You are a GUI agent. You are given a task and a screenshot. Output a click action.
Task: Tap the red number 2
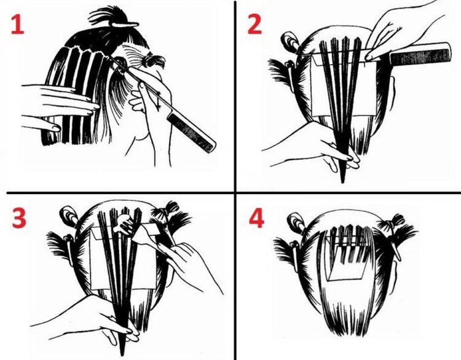coord(254,23)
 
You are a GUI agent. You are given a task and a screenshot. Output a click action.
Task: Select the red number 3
coord(19,218)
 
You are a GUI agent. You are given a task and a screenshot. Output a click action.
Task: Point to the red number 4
coord(256,218)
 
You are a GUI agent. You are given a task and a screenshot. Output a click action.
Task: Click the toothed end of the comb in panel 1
coord(191,133)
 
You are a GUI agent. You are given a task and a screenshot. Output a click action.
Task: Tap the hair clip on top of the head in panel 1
coord(124,25)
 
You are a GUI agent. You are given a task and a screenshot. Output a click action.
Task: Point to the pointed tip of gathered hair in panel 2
coord(342,180)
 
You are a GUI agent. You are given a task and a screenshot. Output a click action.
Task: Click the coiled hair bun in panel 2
coord(289,41)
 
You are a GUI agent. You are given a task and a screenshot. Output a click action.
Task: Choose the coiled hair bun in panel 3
coord(68,215)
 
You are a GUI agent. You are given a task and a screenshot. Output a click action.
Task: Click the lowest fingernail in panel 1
coord(56,128)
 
